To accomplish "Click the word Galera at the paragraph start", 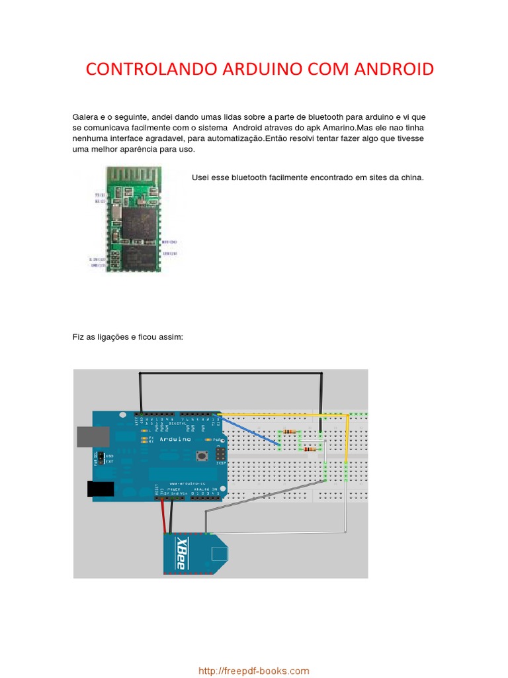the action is (x=85, y=117).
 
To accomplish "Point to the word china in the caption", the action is (x=409, y=177).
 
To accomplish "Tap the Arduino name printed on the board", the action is (x=175, y=439).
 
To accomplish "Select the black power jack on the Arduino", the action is (x=101, y=489).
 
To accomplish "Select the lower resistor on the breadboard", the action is (x=309, y=449).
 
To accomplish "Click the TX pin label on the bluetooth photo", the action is (x=99, y=195).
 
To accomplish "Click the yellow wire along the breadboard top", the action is (x=284, y=415).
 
